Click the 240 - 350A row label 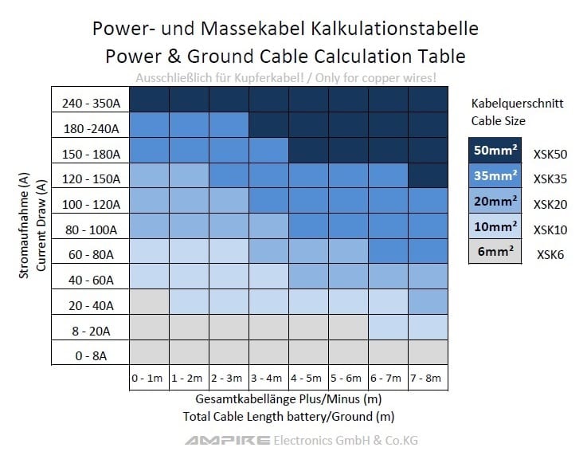pyautogui.click(x=91, y=104)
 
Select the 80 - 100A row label pyautogui.click(x=91, y=230)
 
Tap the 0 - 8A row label pyautogui.click(x=91, y=355)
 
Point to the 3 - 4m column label pyautogui.click(x=266, y=378)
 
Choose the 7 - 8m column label pyautogui.click(x=425, y=378)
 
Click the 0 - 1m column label pyautogui.click(x=147, y=378)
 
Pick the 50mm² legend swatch pyautogui.click(x=495, y=150)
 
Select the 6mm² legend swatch pyautogui.click(x=495, y=251)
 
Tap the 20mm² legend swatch pyautogui.click(x=495, y=201)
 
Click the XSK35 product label pyautogui.click(x=550, y=179)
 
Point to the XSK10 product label pyautogui.click(x=550, y=230)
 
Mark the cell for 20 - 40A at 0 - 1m pyautogui.click(x=149, y=302)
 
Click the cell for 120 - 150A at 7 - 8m pyautogui.click(x=428, y=175)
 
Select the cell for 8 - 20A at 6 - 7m pyautogui.click(x=388, y=328)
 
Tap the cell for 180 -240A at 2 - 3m pyautogui.click(x=229, y=124)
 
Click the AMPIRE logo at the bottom pyautogui.click(x=227, y=441)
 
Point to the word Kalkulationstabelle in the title pyautogui.click(x=394, y=29)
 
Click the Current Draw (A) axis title pyautogui.click(x=41, y=226)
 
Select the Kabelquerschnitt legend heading pyautogui.click(x=517, y=104)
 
